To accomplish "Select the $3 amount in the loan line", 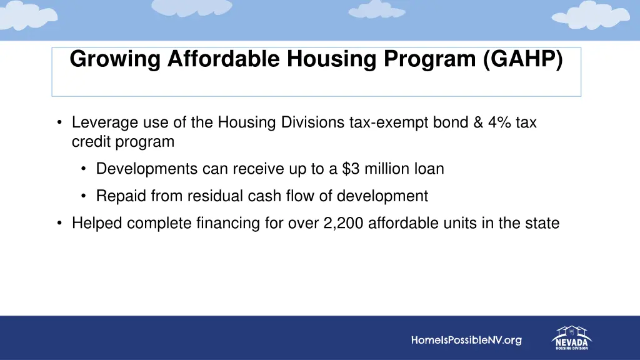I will point(351,169).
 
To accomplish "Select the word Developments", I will point(147,169).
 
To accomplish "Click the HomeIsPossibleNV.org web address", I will point(466,341).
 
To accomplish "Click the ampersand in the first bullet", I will point(477,122).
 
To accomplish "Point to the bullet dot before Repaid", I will point(84,196).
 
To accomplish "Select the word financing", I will point(224,223).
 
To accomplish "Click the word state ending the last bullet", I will point(541,223).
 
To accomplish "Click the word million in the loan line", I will point(387,169).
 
